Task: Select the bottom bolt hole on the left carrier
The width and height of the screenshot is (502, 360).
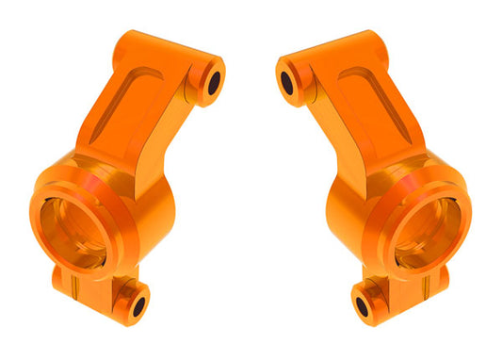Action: tap(138, 305)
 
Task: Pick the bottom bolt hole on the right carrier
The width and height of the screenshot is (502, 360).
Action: tap(364, 307)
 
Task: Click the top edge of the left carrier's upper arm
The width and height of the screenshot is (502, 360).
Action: tap(160, 42)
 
